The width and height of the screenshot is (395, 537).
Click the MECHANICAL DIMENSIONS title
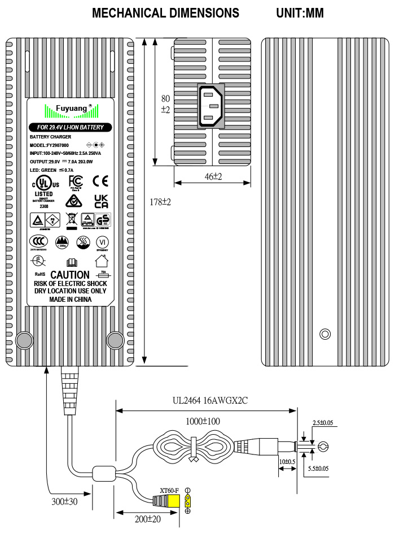[165, 13]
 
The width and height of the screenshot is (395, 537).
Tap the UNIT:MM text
[300, 13]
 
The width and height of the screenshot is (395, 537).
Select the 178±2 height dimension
[160, 202]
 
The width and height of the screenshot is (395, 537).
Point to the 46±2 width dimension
[212, 176]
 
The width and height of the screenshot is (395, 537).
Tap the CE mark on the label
[100, 181]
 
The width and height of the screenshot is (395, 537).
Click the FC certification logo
[76, 181]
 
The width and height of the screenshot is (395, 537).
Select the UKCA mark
[100, 201]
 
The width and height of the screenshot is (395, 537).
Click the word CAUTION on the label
[70, 275]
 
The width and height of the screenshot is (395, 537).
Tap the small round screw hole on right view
[324, 334]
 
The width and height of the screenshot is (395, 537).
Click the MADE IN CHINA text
[70, 300]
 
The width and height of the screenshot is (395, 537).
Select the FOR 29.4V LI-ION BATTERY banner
[70, 127]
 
